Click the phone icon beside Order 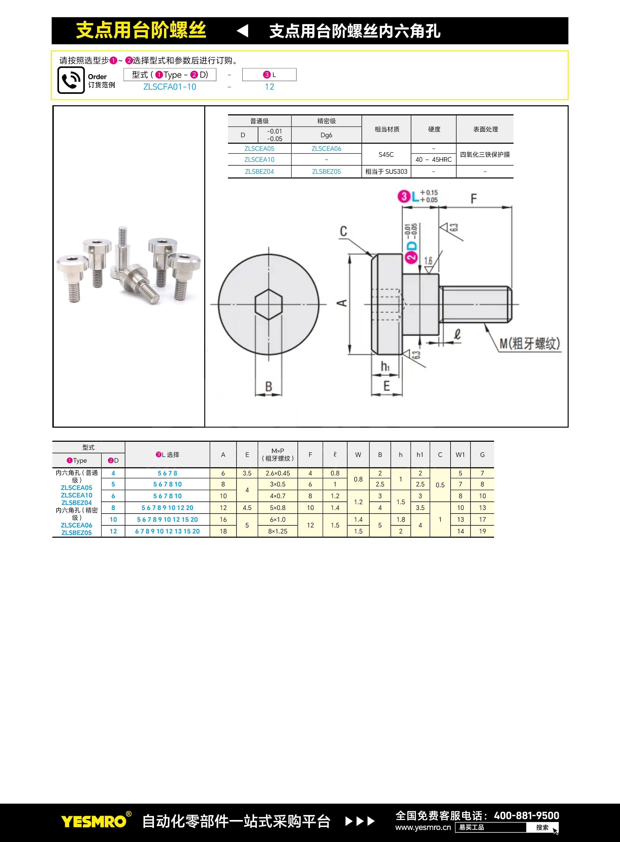pos(71,80)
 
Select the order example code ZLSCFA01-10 pos(170,87)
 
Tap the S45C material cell pos(386,154)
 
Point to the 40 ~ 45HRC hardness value pos(433,160)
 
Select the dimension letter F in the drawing pos(474,198)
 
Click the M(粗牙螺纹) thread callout pos(529,343)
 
